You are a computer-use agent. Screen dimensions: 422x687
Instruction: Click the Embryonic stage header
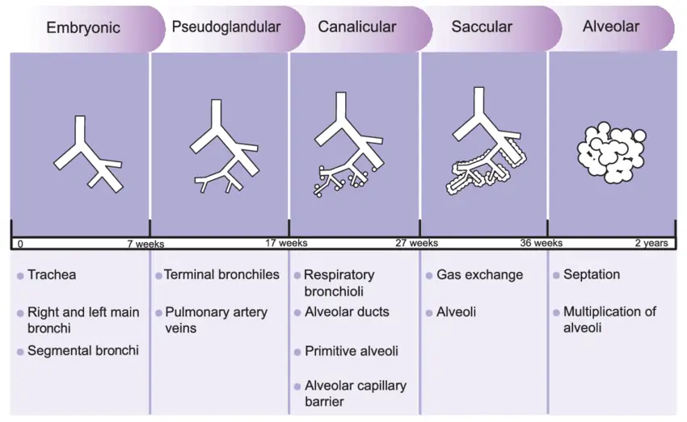tap(83, 27)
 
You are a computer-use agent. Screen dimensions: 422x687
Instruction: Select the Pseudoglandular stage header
tap(226, 27)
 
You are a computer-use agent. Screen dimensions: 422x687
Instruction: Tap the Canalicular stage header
tap(356, 27)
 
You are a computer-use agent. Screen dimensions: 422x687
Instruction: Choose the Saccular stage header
tap(482, 27)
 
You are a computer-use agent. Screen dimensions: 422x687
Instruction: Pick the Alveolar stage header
tap(610, 27)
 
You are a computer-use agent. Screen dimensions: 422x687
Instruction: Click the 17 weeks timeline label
tap(286, 243)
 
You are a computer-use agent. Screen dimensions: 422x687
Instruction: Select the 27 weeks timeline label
tap(417, 243)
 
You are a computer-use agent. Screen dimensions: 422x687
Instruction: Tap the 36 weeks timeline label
tap(542, 243)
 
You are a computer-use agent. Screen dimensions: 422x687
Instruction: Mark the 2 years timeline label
tap(651, 243)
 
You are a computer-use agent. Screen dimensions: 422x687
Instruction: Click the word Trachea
tap(52, 275)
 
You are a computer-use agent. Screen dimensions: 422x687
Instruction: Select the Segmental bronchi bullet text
tap(82, 351)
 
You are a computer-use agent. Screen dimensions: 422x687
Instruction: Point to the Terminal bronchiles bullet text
tap(221, 275)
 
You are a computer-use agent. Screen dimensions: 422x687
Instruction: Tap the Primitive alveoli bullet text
tap(352, 352)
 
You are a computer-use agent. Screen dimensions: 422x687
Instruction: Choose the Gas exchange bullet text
tap(479, 275)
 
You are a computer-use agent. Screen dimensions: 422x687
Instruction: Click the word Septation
tap(592, 275)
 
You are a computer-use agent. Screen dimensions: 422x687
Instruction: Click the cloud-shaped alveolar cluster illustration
tap(612, 151)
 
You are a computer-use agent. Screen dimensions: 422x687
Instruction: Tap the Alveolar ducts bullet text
tap(347, 312)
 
